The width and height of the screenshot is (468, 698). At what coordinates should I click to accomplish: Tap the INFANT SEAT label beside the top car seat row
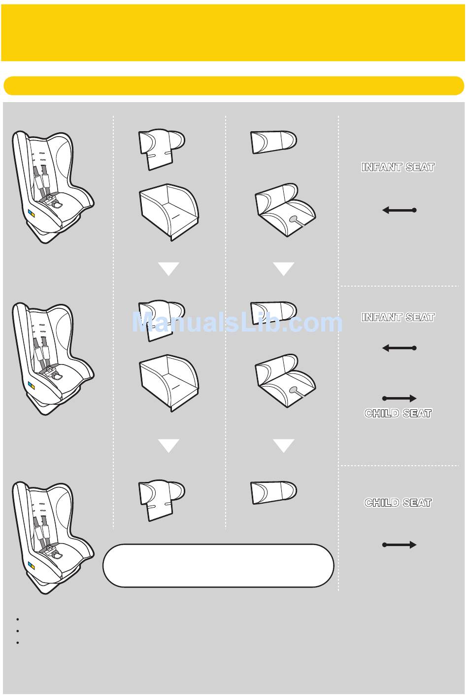pyautogui.click(x=398, y=167)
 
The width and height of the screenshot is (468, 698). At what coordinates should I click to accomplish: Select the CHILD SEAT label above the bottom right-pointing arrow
pyautogui.click(x=398, y=503)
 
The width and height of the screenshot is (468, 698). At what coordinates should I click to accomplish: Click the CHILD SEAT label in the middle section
pyautogui.click(x=398, y=413)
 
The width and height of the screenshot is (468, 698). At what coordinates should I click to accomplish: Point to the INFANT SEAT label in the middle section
pyautogui.click(x=398, y=317)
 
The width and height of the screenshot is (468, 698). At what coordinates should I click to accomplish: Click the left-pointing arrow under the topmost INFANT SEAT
pyautogui.click(x=399, y=210)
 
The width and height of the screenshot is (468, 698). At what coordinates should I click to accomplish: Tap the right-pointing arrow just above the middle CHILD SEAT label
pyautogui.click(x=399, y=398)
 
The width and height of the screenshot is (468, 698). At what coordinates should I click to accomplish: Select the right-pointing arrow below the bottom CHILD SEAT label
pyautogui.click(x=399, y=545)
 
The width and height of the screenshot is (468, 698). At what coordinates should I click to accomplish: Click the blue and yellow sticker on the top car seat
pyautogui.click(x=31, y=214)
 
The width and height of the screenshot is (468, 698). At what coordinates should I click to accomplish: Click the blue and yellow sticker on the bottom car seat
pyautogui.click(x=31, y=565)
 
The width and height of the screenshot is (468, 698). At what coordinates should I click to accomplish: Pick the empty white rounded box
pyautogui.click(x=218, y=566)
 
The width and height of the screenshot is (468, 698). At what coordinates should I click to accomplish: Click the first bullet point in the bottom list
pyautogui.click(x=17, y=619)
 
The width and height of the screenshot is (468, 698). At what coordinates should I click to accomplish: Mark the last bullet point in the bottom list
pyautogui.click(x=17, y=643)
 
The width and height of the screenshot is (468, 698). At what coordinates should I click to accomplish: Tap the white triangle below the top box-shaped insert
pyautogui.click(x=168, y=269)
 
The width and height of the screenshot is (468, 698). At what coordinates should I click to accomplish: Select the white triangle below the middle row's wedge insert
pyautogui.click(x=283, y=445)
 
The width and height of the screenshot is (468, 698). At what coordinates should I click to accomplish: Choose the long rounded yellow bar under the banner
pyautogui.click(x=234, y=85)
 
